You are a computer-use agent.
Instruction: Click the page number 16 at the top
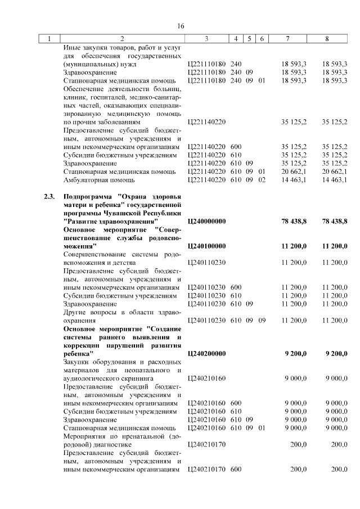click(x=181, y=26)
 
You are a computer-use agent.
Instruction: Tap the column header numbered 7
click(x=287, y=39)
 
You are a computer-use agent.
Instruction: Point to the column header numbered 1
click(x=50, y=39)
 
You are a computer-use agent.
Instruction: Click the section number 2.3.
click(x=49, y=196)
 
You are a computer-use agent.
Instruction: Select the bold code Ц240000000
click(x=206, y=222)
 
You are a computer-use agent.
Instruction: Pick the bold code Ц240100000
click(x=206, y=246)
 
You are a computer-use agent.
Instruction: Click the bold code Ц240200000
click(x=206, y=353)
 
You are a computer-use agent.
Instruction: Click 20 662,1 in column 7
click(x=294, y=171)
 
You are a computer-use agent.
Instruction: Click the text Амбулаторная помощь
click(x=99, y=179)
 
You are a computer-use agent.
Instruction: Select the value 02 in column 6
click(x=262, y=179)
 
